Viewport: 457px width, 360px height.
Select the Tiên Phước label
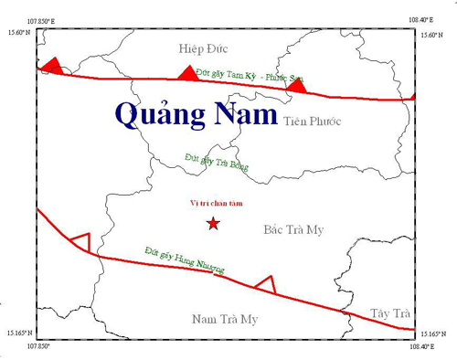click(x=317, y=120)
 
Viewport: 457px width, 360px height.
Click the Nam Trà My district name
click(x=226, y=318)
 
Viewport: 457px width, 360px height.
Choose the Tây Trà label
click(x=390, y=312)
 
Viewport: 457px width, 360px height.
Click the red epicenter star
click(x=213, y=223)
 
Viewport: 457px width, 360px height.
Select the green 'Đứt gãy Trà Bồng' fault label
click(x=216, y=163)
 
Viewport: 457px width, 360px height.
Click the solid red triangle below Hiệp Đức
click(x=187, y=73)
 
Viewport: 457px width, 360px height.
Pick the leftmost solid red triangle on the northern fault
click(x=52, y=66)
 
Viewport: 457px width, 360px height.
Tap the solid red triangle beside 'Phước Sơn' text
click(x=295, y=84)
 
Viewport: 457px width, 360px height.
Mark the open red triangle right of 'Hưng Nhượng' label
click(x=265, y=284)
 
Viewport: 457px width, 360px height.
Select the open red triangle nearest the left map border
click(x=80, y=242)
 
